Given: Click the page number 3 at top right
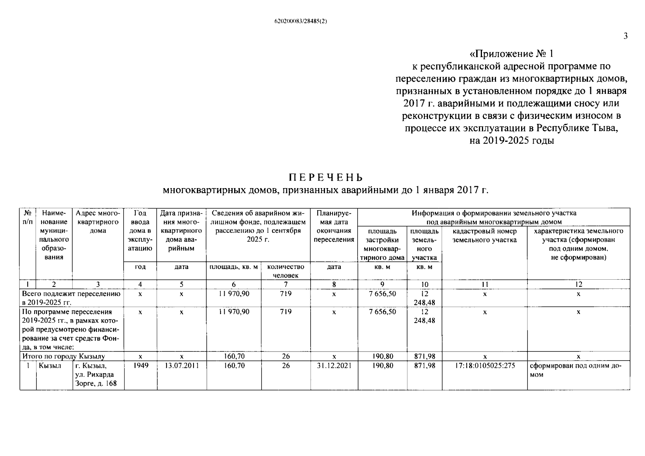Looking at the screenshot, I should (625, 36).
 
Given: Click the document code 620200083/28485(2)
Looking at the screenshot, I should (300, 21).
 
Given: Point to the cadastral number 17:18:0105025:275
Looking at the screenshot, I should (485, 366).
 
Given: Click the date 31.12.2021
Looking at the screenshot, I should (334, 366).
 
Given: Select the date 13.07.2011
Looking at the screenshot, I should (182, 366).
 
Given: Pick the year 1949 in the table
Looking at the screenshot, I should (140, 366).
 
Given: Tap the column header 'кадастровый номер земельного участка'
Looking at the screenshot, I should (485, 236).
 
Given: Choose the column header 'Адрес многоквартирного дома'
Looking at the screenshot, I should (98, 222).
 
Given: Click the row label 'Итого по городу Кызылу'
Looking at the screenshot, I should (63, 356).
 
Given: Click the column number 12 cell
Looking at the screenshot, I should (578, 284).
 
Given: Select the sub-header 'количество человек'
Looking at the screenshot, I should (285, 271).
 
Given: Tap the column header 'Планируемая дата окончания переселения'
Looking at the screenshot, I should (334, 226).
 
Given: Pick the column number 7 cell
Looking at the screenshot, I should (285, 284).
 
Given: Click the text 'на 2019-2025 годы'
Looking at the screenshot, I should (511, 141).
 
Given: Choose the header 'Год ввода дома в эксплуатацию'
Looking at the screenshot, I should (140, 231).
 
